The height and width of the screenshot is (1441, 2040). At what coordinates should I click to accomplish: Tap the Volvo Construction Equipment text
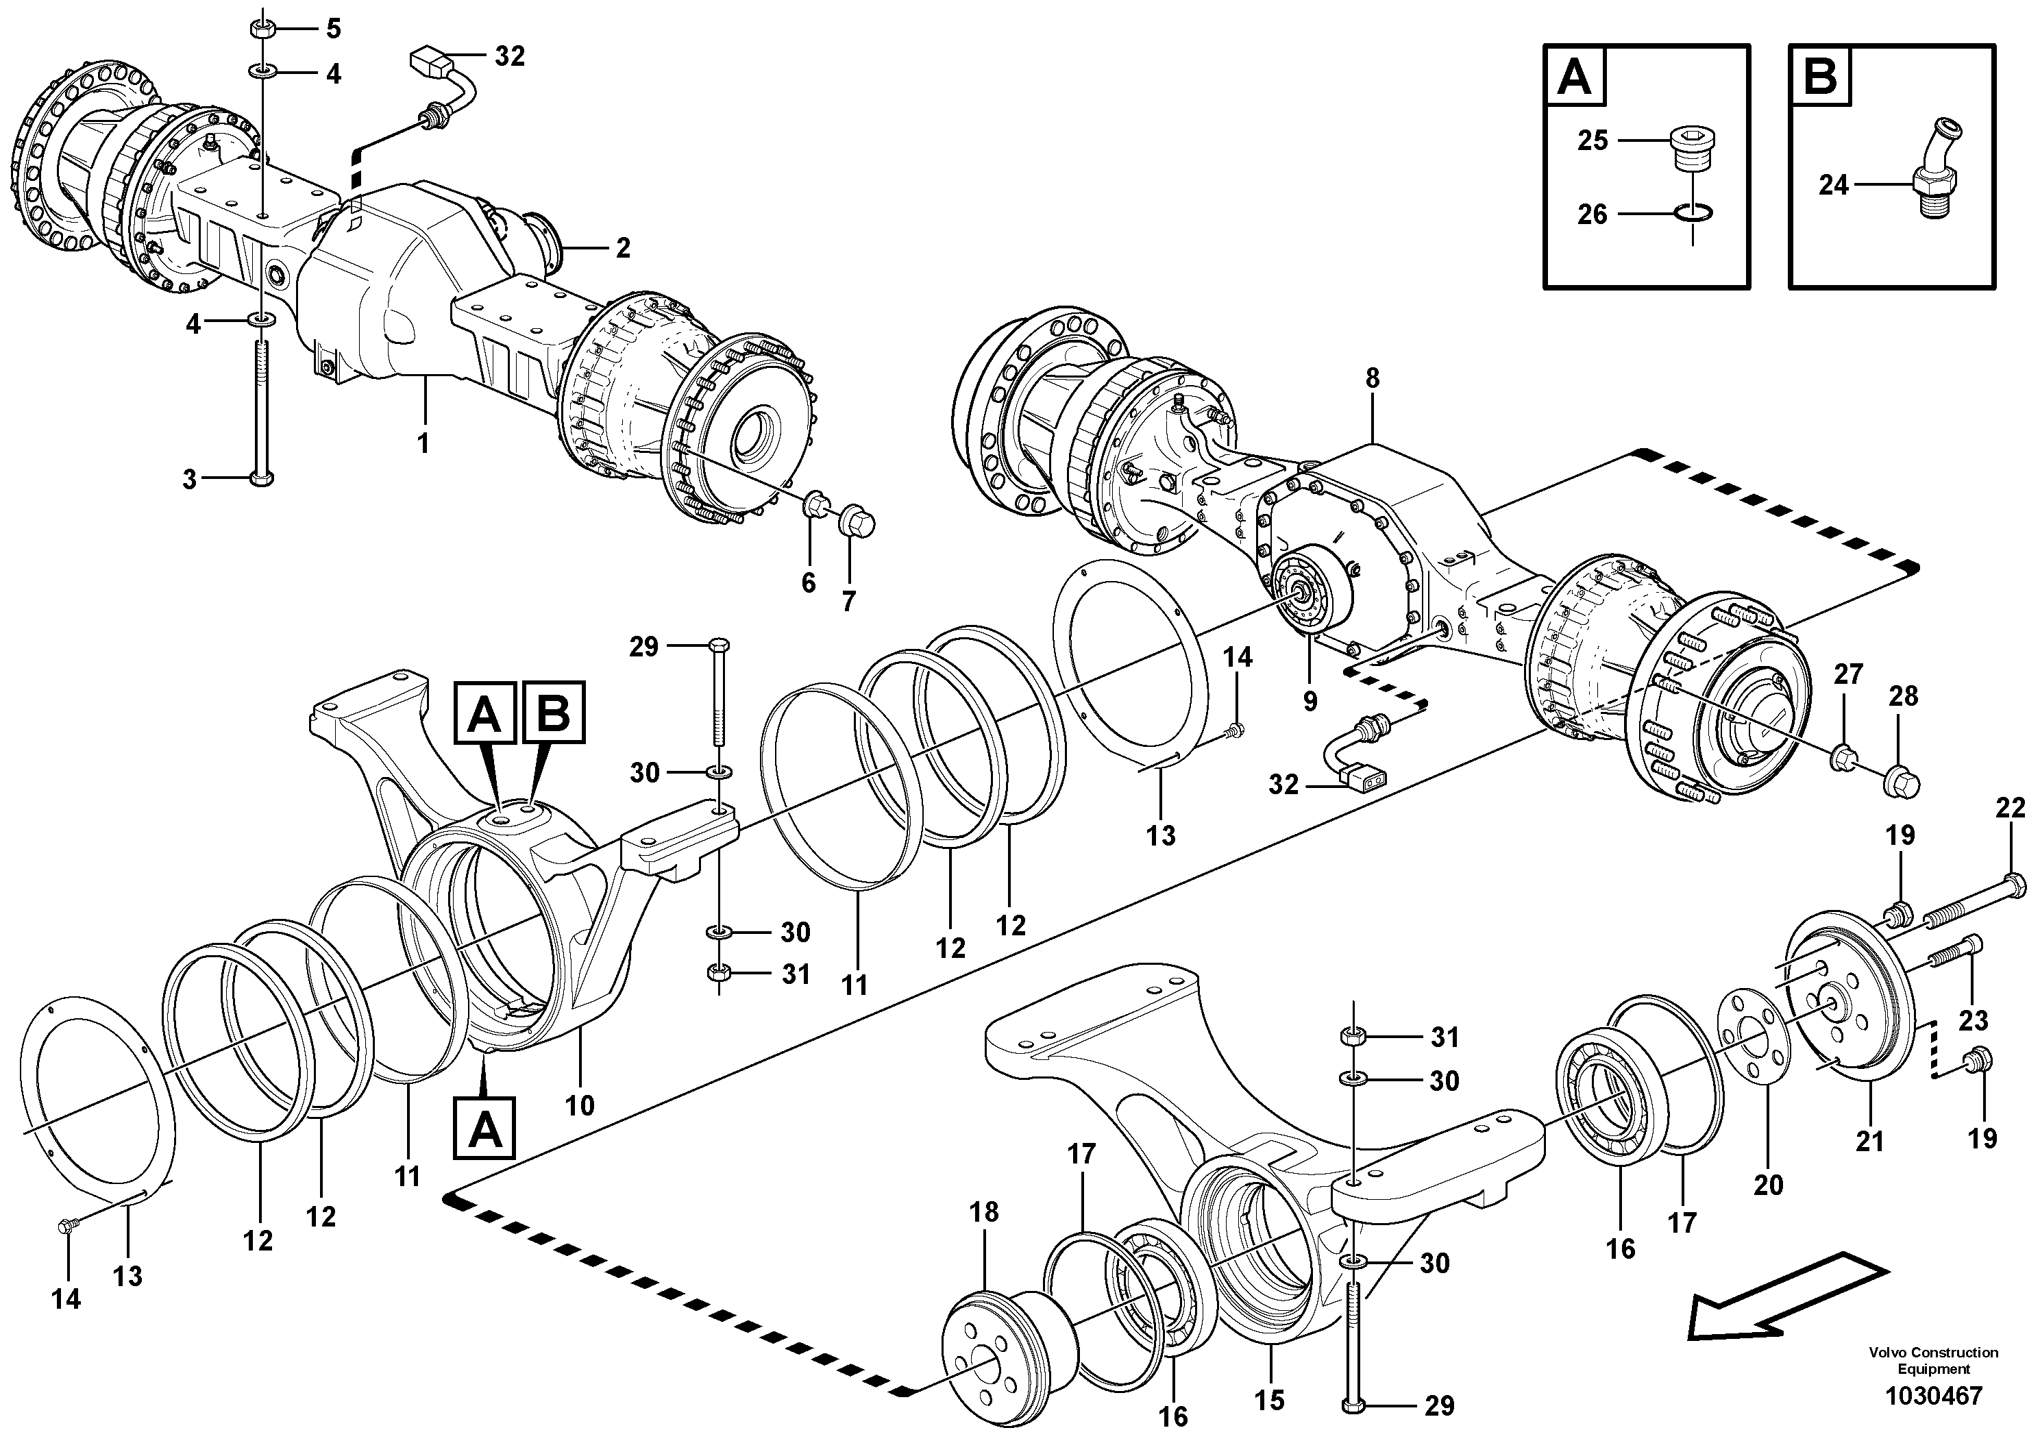pyautogui.click(x=1932, y=1360)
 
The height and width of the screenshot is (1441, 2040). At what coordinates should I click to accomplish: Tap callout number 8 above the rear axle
pyautogui.click(x=1372, y=378)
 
